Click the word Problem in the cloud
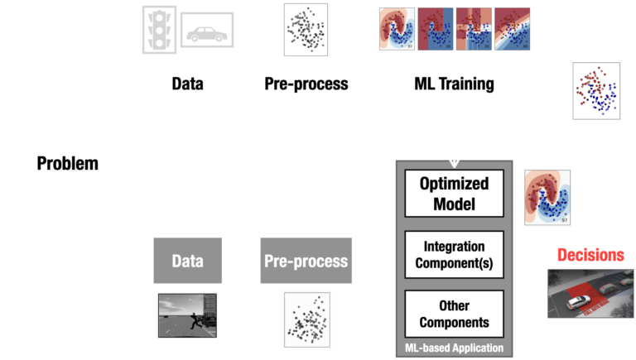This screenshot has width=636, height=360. point(67,163)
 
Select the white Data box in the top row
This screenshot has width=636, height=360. point(187,84)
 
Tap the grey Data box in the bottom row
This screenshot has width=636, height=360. point(187,261)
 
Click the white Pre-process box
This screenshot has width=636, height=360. point(306,84)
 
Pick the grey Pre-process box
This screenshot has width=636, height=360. point(306,261)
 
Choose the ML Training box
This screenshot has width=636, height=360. point(454,84)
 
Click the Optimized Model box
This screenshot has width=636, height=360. point(454,193)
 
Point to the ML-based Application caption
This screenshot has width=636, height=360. point(454,348)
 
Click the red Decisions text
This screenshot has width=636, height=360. point(589,254)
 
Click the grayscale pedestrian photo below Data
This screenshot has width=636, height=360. point(187,314)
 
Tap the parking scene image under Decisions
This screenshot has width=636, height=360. point(589,293)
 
